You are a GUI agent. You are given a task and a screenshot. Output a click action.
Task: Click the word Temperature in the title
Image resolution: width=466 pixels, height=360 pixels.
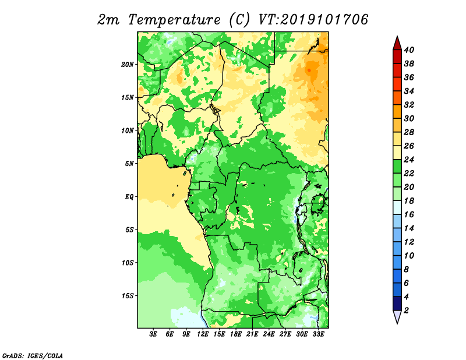click(174, 20)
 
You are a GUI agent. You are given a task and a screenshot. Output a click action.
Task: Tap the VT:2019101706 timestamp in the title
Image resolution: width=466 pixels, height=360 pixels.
click(313, 20)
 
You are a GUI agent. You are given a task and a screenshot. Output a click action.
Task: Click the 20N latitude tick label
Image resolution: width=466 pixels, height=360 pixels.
click(128, 65)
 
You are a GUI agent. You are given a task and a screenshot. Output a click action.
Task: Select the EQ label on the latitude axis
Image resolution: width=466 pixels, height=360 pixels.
click(129, 197)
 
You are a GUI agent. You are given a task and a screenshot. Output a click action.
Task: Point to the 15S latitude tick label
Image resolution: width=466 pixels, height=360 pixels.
click(128, 296)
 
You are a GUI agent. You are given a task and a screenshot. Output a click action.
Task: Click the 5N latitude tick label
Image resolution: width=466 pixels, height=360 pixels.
click(129, 164)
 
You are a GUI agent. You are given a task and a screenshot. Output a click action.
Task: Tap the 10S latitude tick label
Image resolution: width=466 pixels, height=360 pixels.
click(128, 263)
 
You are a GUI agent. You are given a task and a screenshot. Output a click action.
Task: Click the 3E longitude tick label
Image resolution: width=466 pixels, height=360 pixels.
click(153, 334)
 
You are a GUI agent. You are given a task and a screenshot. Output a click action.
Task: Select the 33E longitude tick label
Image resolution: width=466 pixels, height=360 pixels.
click(318, 334)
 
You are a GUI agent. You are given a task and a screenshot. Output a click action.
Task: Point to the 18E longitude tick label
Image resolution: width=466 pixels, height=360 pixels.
click(236, 334)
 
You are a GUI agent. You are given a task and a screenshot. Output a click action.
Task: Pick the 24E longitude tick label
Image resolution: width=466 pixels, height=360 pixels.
click(269, 334)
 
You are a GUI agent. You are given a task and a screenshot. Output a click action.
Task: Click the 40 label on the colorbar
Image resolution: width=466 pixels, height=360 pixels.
click(409, 50)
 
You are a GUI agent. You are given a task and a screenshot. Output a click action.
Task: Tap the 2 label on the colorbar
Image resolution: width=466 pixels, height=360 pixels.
click(407, 310)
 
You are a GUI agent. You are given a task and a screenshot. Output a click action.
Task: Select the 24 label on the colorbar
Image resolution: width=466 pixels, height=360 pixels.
click(409, 160)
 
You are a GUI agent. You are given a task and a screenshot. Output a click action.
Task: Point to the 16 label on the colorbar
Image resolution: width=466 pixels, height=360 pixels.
click(409, 214)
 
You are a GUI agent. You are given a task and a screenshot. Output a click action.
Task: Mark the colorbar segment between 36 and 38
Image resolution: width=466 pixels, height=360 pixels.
click(397, 70)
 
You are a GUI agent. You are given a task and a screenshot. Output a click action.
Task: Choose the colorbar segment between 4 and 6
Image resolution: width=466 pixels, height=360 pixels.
click(397, 290)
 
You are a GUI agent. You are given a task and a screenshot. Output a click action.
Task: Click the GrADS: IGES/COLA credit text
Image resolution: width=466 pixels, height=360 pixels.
click(33, 355)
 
